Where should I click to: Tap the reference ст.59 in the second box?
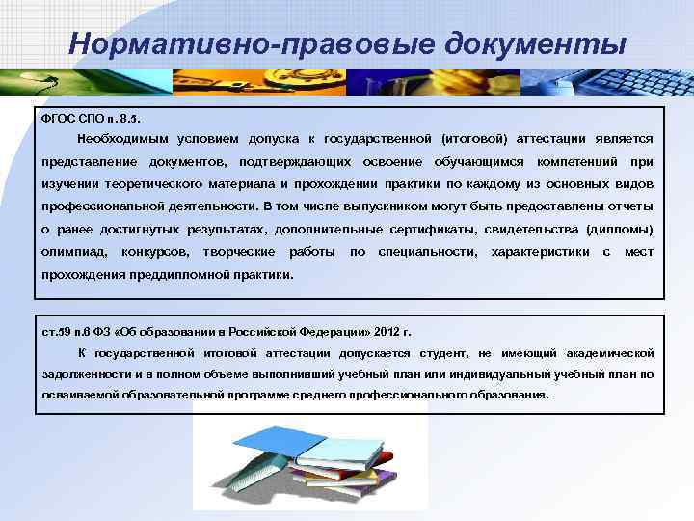point(57,331)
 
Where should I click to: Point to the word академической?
point(608,353)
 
